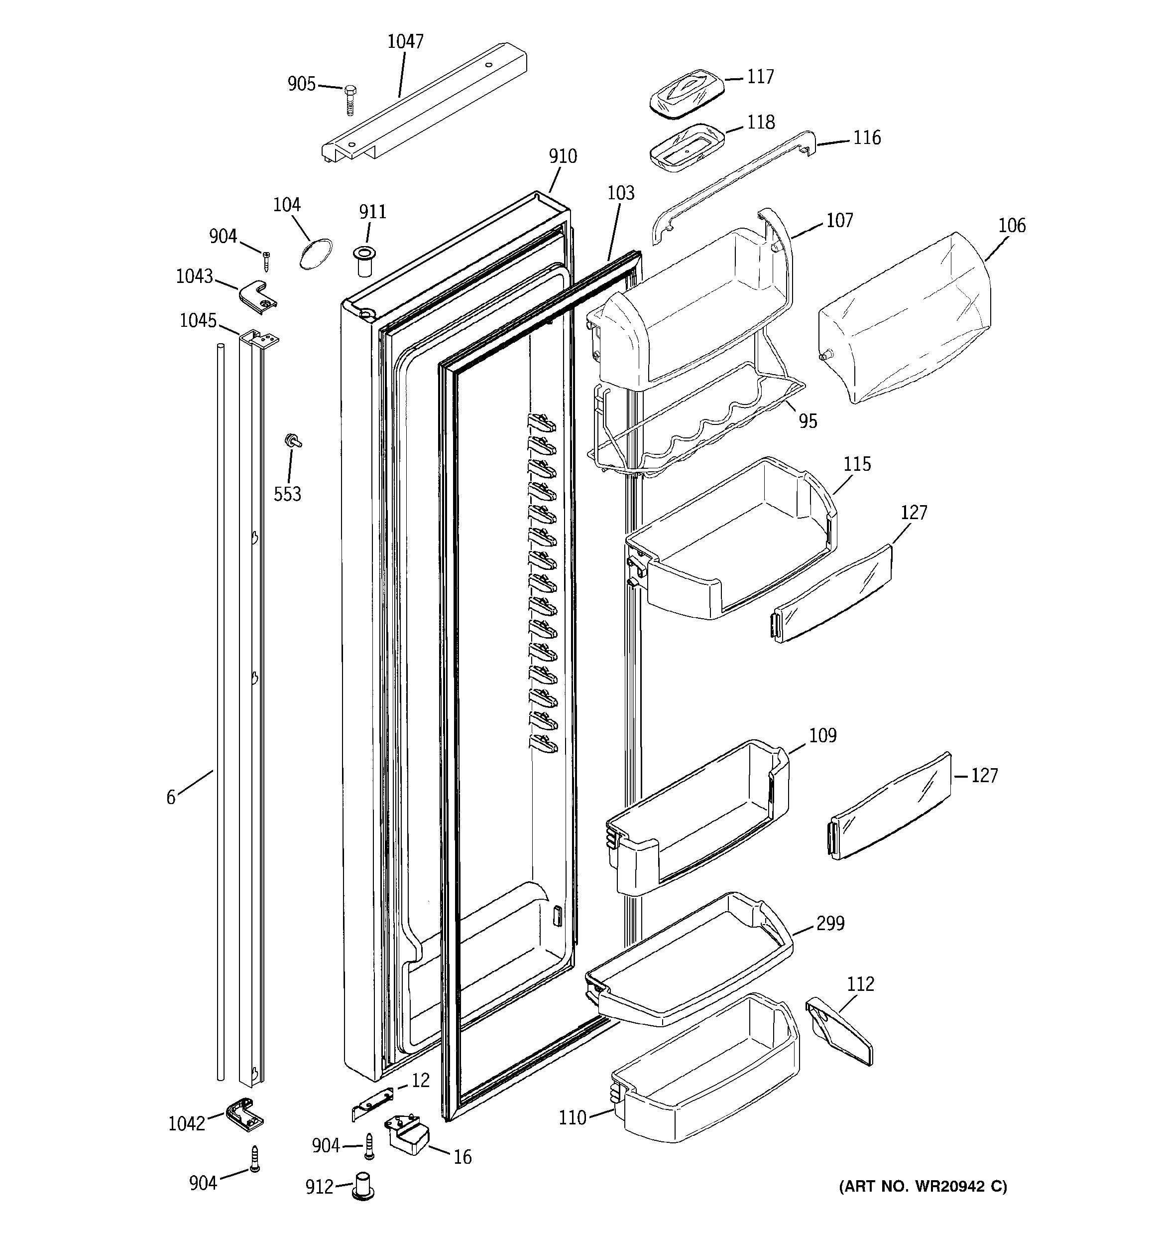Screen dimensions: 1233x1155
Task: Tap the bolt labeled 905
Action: pyautogui.click(x=349, y=99)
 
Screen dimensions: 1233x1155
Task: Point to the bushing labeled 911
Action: pyautogui.click(x=364, y=261)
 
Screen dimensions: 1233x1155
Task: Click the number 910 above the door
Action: pyautogui.click(x=562, y=156)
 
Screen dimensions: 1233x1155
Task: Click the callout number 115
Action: pyautogui.click(x=857, y=464)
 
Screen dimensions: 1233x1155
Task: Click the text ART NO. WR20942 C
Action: pyautogui.click(x=923, y=1187)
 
